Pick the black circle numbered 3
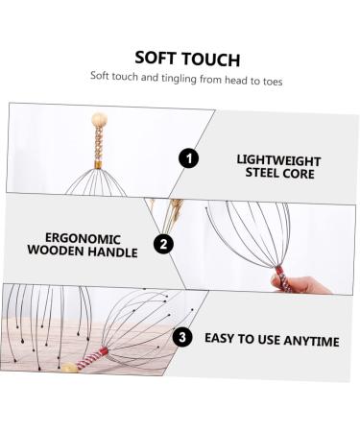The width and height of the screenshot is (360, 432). click(181, 337)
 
